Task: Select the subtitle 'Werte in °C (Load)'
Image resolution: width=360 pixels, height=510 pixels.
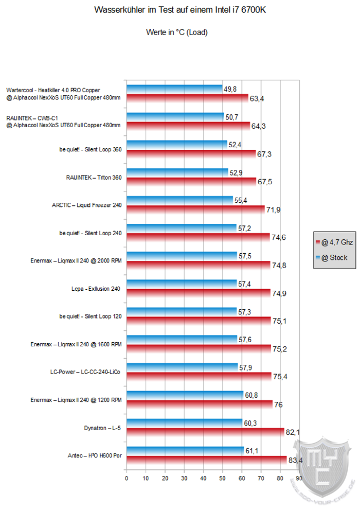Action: (176, 32)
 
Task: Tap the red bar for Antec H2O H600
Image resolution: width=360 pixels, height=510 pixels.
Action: (206, 460)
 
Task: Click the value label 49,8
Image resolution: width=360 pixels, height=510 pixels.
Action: (230, 89)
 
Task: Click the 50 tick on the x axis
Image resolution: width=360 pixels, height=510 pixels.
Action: (223, 478)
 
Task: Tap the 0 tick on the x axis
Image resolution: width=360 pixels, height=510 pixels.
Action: (127, 478)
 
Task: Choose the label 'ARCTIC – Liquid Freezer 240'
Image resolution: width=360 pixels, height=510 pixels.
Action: (87, 205)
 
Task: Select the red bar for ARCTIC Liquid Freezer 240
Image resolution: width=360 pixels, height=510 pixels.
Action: (195, 209)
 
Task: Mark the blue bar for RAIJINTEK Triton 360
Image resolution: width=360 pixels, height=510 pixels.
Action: (177, 172)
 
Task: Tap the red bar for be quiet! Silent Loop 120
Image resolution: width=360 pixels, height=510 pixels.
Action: (198, 321)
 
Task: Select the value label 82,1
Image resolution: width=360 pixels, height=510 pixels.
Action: (292, 432)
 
